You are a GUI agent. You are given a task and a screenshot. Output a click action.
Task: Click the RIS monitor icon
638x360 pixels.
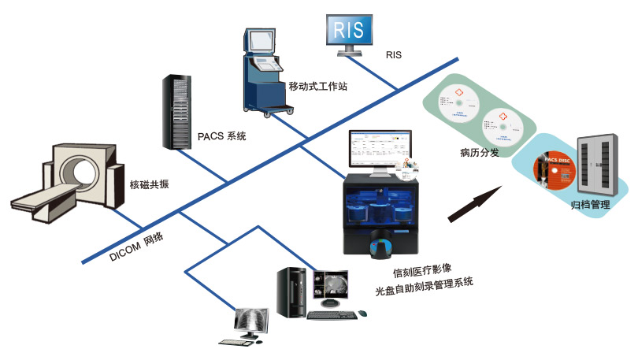tap(348, 32)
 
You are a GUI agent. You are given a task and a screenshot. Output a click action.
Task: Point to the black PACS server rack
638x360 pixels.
tap(179, 111)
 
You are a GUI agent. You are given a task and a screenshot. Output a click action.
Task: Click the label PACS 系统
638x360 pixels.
tap(221, 136)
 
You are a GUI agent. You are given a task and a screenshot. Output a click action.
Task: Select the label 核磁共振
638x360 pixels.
tap(150, 185)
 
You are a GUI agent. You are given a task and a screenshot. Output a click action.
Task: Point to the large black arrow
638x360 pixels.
tap(475, 202)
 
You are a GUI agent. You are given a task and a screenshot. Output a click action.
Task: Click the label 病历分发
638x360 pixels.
tap(479, 152)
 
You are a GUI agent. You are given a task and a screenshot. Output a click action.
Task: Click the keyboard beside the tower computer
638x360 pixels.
tap(331, 315)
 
